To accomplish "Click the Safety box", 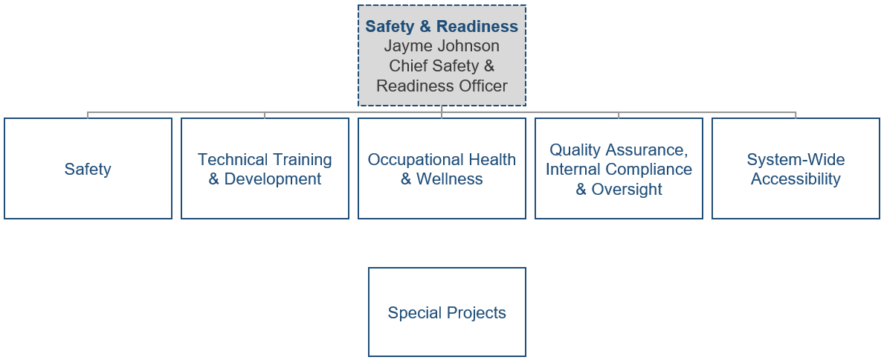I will pyautogui.click(x=88, y=169).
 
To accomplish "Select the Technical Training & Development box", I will pyautogui.click(x=265, y=169).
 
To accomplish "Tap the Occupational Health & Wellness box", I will pyautogui.click(x=442, y=169).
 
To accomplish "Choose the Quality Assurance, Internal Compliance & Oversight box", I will pyautogui.click(x=619, y=169).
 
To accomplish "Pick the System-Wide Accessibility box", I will pyautogui.click(x=796, y=169).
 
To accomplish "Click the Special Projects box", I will pyautogui.click(x=447, y=312).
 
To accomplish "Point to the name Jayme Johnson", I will pyautogui.click(x=442, y=46).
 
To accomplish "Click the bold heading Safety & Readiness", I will pyautogui.click(x=442, y=27).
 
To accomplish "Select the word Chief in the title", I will pyautogui.click(x=409, y=66).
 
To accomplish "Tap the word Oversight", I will pyautogui.click(x=627, y=189).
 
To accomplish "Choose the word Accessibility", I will pyautogui.click(x=796, y=179).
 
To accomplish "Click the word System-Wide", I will pyautogui.click(x=796, y=160).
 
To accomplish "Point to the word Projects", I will pyautogui.click(x=475, y=313).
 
